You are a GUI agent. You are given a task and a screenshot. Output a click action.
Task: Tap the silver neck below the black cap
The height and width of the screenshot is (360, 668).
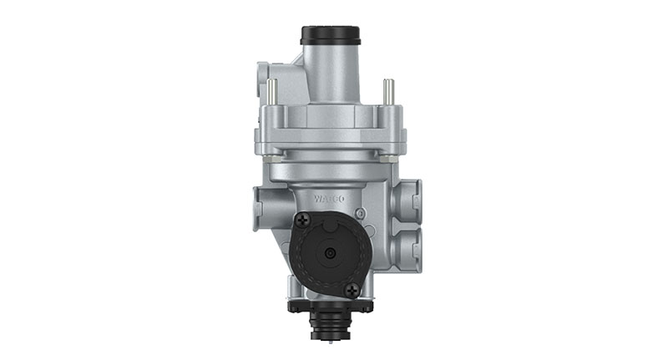331,71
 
